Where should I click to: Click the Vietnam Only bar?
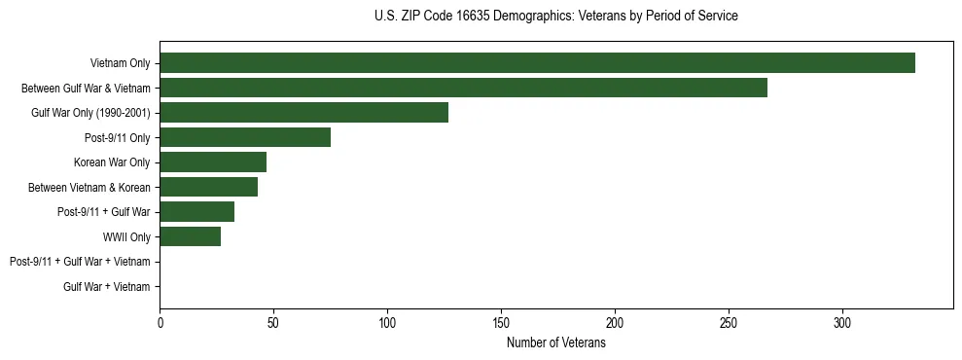537,63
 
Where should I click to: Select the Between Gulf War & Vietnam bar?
463,88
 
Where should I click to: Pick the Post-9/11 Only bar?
245,137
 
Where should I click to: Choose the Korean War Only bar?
213,162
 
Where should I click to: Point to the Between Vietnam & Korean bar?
208,187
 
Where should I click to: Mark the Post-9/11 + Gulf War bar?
196,212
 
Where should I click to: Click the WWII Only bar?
190,236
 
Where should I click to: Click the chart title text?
555,17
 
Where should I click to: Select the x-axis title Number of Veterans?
555,342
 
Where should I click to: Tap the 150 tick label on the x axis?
501,322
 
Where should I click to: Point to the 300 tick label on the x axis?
842,322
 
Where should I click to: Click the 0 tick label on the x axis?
160,322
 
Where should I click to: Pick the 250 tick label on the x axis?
729,322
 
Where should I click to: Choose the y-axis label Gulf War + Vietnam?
106,286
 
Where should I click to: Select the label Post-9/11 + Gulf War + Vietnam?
80,262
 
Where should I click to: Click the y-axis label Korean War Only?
111,162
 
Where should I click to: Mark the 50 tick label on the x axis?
273,322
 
